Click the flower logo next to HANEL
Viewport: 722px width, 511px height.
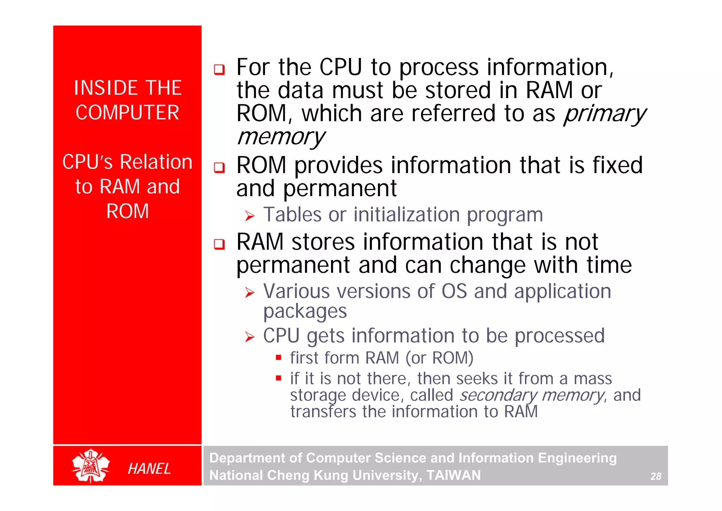(91, 466)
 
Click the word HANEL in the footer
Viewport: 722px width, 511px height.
(149, 469)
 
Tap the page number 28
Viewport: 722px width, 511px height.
(655, 476)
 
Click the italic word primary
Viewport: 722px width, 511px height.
(604, 114)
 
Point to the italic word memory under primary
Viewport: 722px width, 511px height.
(280, 137)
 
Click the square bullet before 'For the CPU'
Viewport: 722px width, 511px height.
(219, 70)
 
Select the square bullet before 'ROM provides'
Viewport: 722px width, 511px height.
(219, 167)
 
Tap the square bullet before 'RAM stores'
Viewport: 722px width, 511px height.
(219, 244)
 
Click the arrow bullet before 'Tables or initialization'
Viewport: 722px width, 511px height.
(250, 216)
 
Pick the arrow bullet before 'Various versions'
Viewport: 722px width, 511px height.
(250, 292)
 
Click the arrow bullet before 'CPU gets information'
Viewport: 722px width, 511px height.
(250, 337)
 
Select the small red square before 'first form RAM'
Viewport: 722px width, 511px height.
(279, 357)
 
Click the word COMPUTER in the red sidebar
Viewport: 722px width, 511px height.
(127, 113)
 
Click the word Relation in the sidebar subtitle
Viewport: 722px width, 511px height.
(156, 162)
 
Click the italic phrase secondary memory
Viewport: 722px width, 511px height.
(532, 395)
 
